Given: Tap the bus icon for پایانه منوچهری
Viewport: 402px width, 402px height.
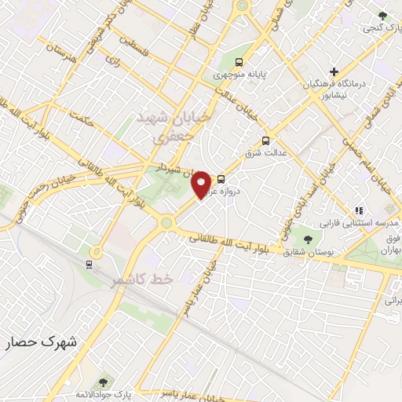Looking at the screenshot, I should [x=239, y=62].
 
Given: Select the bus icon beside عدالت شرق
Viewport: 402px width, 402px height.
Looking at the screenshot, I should [x=265, y=141].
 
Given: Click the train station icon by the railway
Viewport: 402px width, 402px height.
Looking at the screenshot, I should [x=90, y=264].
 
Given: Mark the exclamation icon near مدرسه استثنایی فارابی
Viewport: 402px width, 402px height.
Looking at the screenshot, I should [x=359, y=210].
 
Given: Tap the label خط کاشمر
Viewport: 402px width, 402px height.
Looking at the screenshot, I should [x=139, y=279].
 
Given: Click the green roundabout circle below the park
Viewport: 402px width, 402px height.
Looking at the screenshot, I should [x=166, y=223].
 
